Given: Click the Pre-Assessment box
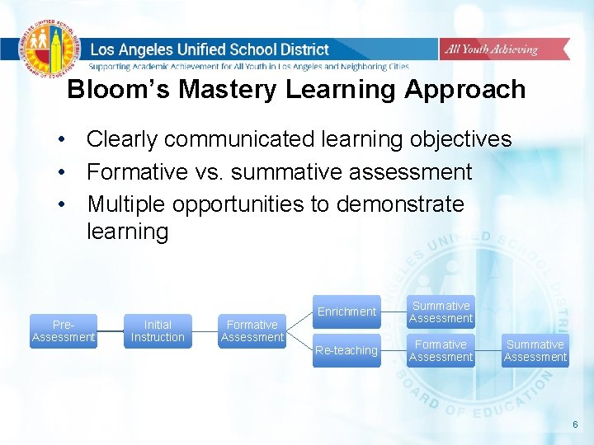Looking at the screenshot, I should [x=64, y=331].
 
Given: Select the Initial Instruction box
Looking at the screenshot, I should [x=158, y=331].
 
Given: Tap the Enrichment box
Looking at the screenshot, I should [x=346, y=311].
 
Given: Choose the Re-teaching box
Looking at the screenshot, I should [x=346, y=350].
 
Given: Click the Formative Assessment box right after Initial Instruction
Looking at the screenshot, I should [x=252, y=331].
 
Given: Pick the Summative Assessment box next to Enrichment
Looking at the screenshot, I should [x=441, y=311].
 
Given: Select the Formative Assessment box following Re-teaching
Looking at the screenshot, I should [x=441, y=350].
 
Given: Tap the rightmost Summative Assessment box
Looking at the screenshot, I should [x=535, y=350].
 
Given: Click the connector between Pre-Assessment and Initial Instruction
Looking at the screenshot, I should [x=110, y=331].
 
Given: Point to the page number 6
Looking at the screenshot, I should [x=576, y=424].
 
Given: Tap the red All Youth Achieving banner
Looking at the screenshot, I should [x=491, y=49].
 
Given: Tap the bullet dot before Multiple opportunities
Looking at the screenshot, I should [x=62, y=204].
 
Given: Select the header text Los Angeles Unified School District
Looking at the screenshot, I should [x=210, y=49].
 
